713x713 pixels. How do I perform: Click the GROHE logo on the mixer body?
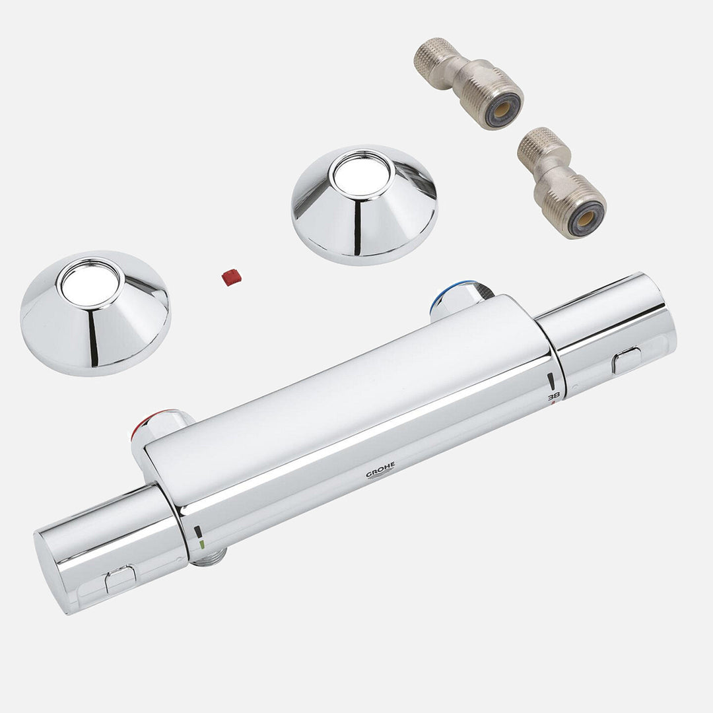pyautogui.click(x=381, y=470)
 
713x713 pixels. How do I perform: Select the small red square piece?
pyautogui.click(x=231, y=277)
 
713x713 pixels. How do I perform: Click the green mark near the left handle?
pyautogui.click(x=202, y=545)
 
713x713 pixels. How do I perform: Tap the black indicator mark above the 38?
pyautogui.click(x=550, y=381)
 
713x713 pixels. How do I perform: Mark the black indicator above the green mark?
pyautogui.click(x=199, y=532)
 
